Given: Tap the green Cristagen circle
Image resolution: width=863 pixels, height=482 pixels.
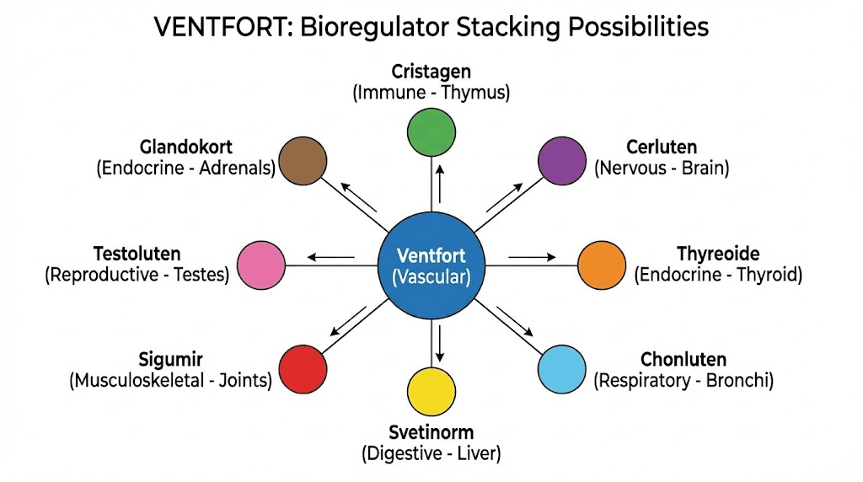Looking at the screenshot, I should [431, 132].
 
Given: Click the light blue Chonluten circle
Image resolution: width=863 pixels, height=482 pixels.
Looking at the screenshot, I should [561, 371].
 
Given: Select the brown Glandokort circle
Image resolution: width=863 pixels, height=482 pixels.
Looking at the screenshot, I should [303, 161].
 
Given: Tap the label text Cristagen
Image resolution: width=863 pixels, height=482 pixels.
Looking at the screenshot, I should [431, 72].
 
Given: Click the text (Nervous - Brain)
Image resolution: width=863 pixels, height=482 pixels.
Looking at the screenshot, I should [662, 168].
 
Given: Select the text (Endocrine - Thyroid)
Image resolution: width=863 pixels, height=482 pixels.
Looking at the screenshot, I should [718, 275].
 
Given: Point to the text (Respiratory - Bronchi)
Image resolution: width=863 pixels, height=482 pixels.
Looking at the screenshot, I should [683, 381].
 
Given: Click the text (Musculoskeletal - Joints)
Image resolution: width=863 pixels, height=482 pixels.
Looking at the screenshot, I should [170, 381].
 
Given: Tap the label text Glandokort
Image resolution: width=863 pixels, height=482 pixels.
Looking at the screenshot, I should [186, 147].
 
